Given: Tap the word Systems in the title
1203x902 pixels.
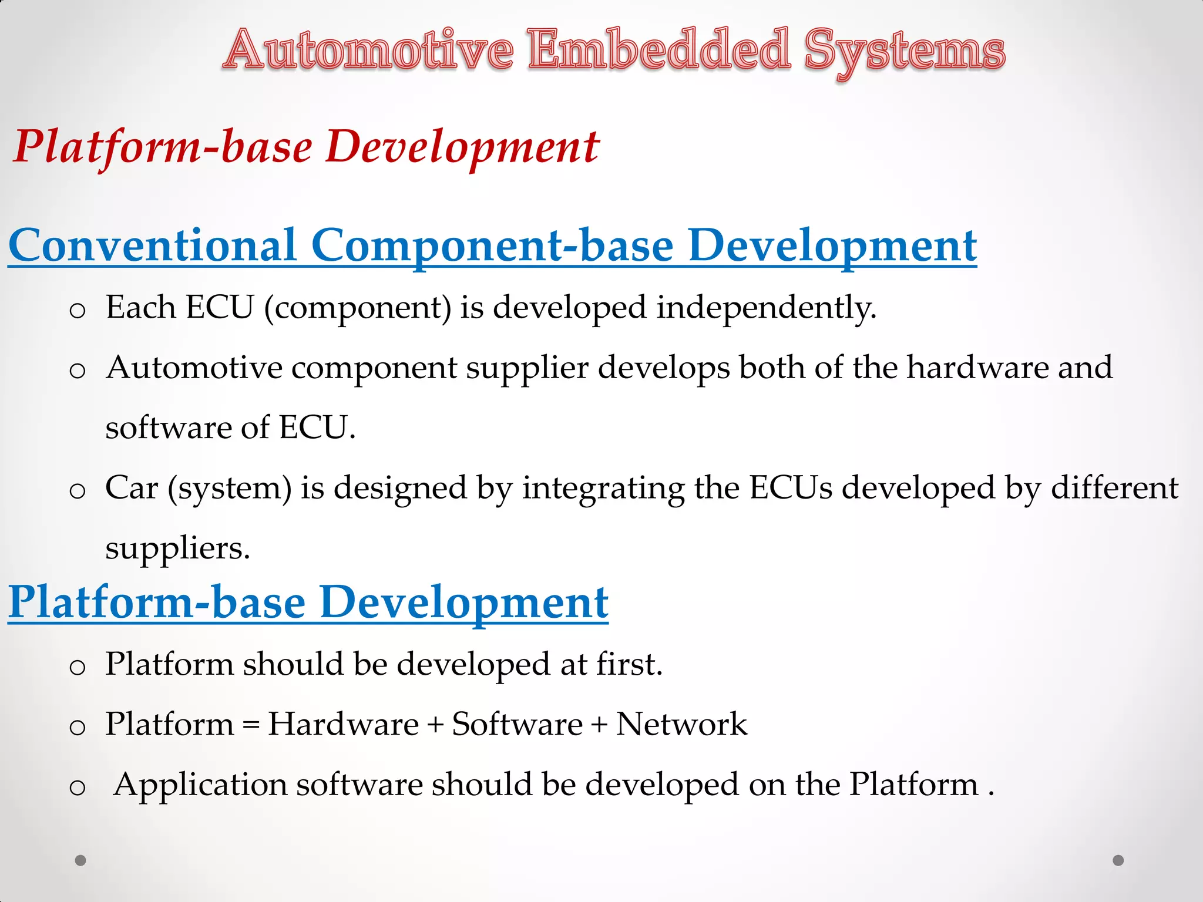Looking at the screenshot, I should click(905, 52).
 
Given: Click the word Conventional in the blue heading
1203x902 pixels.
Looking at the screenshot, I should click(153, 245).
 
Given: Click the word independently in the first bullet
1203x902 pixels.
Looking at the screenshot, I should click(766, 308).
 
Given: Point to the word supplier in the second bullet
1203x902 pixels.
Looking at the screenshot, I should click(527, 369).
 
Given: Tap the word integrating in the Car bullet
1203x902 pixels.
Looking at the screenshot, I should click(603, 489).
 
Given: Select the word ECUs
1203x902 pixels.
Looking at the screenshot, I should click(791, 487).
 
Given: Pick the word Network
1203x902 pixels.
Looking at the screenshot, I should click(681, 723).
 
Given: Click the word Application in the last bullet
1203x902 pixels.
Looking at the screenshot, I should click(200, 786).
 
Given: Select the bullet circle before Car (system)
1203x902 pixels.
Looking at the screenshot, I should click(78, 491).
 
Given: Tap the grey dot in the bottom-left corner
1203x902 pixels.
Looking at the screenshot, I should click(80, 860).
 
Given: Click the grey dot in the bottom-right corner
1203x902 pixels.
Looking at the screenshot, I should click(1118, 860).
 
